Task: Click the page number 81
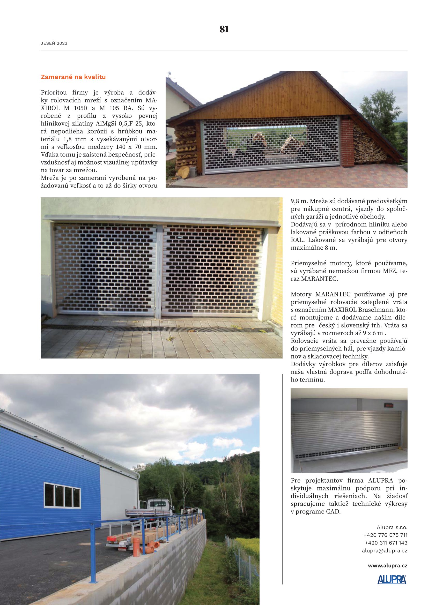224,29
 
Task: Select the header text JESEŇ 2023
54,43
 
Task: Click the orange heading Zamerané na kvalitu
73,77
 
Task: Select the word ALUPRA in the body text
380,480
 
